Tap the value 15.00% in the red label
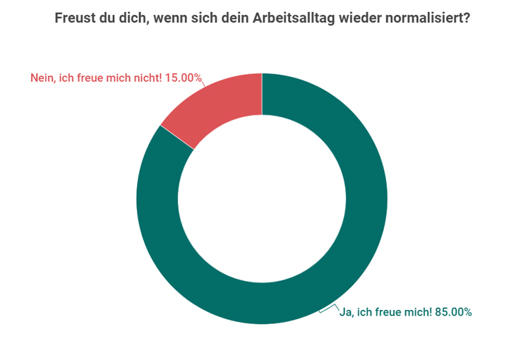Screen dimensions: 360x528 184,78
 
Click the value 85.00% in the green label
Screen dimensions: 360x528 452,311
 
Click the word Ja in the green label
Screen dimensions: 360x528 347,311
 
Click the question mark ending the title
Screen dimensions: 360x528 466,18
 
